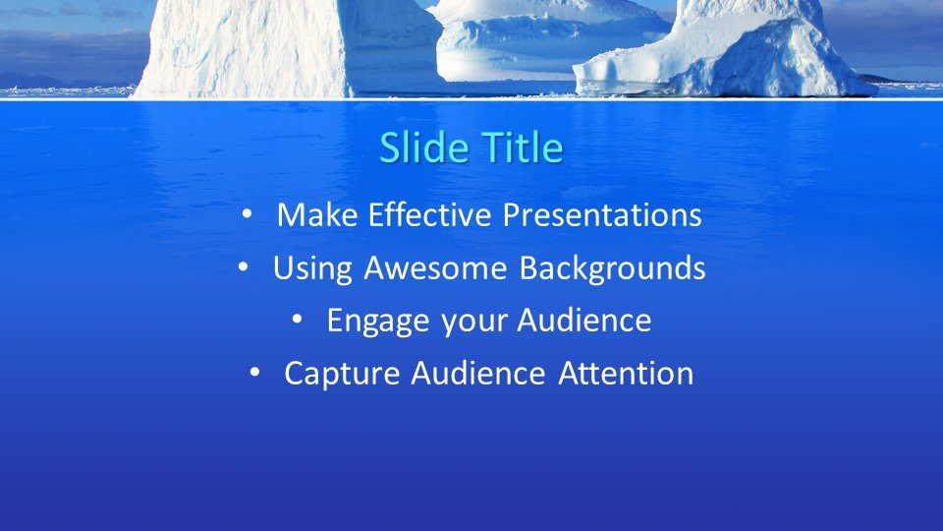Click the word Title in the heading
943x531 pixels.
tap(524, 147)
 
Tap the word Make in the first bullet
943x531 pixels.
tap(317, 214)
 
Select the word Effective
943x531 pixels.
tap(430, 214)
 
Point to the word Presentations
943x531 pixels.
tap(602, 214)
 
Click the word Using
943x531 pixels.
tap(312, 268)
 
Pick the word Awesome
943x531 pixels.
tap(435, 267)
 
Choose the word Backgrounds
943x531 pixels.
tap(612, 268)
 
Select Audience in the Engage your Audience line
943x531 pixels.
tap(583, 320)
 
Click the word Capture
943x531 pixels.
tap(342, 374)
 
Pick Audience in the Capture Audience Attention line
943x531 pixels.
tap(478, 373)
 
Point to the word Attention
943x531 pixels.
tap(626, 373)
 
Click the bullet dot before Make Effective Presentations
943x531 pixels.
tap(246, 214)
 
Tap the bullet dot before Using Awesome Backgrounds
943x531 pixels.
tap(243, 267)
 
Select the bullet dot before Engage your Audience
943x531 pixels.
tap(297, 320)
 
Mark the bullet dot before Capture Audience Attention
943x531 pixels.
tap(254, 373)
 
